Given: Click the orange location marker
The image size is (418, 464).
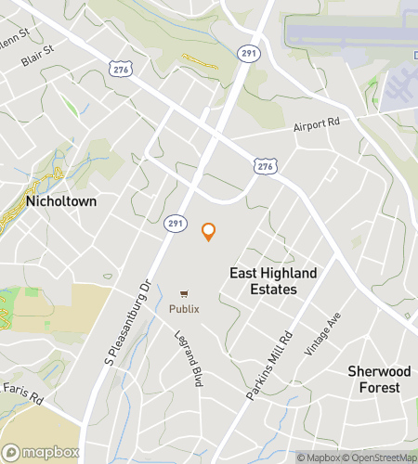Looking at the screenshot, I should coord(209,232).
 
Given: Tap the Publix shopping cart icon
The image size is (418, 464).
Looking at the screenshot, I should coord(183,292).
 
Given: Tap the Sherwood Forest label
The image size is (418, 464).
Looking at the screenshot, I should coord(374,379).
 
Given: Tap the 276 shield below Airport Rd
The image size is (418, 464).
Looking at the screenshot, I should coord(265,164).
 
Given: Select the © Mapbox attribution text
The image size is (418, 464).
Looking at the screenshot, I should coord(321,457).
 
